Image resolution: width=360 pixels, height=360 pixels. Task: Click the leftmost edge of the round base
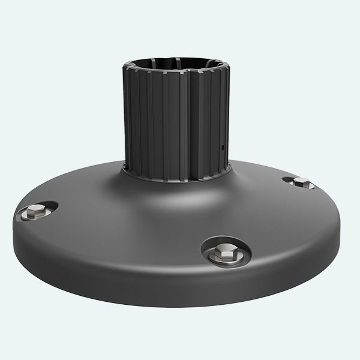pyautogui.click(x=14, y=231)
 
